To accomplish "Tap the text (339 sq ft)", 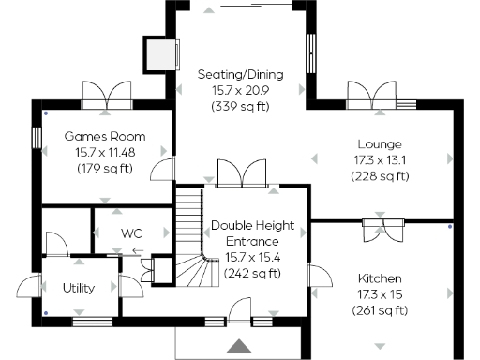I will [240, 106].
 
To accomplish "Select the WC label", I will [130, 232].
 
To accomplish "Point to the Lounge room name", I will [379, 144].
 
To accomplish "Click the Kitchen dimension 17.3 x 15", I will [379, 295].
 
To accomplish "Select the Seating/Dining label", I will [240, 74].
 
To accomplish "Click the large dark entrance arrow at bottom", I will [240, 346].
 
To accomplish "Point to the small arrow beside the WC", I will [138, 250].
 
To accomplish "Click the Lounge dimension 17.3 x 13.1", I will [379, 160].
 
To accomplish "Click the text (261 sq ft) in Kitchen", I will [379, 311].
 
